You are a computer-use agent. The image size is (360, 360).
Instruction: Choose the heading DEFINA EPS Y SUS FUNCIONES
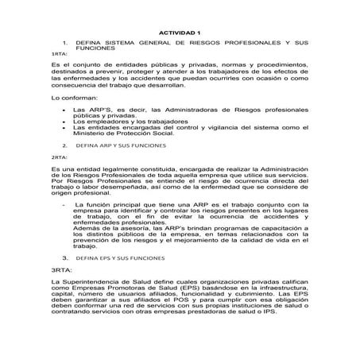(x=120, y=258)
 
